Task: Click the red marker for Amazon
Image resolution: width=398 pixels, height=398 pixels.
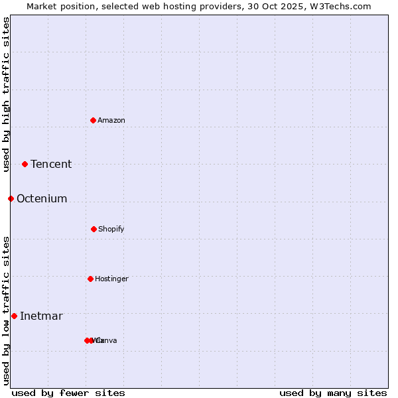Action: point(93,120)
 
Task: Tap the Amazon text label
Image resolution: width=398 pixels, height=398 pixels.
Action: point(111,121)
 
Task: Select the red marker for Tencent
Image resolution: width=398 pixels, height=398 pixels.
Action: point(25,164)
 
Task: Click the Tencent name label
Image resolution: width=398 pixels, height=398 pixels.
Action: point(51,165)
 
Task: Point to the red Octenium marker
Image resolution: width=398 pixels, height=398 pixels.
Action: point(11,198)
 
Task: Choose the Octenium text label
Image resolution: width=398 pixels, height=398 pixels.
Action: point(42,199)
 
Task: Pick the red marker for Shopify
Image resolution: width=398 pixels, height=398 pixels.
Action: point(94,229)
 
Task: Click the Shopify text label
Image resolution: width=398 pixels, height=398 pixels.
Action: point(111,230)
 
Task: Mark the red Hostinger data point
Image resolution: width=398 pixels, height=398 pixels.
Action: point(90,279)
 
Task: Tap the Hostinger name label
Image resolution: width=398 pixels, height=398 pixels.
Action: point(111,279)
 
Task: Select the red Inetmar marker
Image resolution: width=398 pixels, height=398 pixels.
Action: point(14,316)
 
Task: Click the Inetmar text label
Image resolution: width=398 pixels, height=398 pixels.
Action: point(41,316)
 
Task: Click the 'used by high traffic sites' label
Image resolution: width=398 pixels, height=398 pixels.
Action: point(6,94)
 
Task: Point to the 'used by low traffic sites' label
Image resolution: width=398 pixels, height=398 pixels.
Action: point(6,310)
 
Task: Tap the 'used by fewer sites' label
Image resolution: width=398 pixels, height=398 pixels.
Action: point(68,393)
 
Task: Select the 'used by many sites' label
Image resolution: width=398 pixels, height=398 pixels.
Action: point(333,393)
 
